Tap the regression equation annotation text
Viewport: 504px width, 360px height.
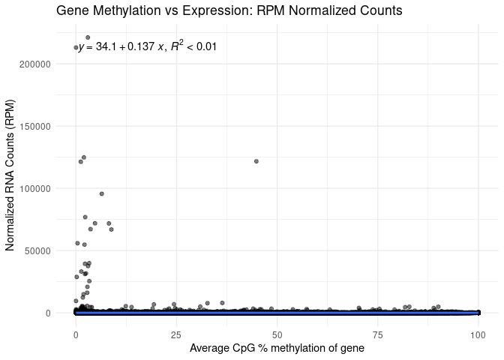pyautogui.click(x=148, y=46)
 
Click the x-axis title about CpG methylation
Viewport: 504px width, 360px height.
pyautogui.click(x=277, y=348)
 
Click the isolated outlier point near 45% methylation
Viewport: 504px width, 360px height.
pyautogui.click(x=256, y=161)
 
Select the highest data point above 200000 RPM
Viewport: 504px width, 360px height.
pyautogui.click(x=88, y=37)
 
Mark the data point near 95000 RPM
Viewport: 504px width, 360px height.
pyautogui.click(x=101, y=193)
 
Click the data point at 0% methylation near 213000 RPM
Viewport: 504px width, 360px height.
pyautogui.click(x=76, y=48)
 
